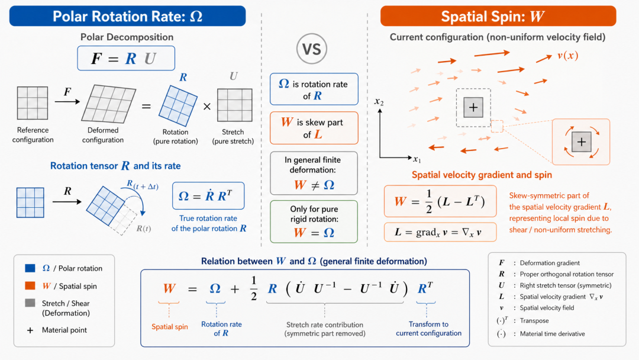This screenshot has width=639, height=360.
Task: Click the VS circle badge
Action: (312, 49)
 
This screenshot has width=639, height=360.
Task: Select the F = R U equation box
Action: (127, 58)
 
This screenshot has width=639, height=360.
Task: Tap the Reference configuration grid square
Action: (33, 103)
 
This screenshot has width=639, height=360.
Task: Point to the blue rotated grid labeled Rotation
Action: (178, 105)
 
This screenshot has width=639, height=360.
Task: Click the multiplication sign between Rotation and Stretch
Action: (207, 107)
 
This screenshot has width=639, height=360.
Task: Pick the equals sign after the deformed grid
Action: (146, 107)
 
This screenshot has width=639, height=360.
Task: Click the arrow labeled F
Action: (67, 101)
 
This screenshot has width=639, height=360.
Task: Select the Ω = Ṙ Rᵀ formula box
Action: (208, 196)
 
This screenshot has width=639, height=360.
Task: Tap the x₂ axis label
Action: (379, 101)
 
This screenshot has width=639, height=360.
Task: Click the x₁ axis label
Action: (417, 159)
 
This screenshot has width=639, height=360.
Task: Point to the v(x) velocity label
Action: (567, 56)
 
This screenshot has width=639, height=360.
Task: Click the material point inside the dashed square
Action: (473, 108)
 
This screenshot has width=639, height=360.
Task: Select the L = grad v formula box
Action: (440, 232)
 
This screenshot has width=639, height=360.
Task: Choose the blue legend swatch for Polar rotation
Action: (30, 268)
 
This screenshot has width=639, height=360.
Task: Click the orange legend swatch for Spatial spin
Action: (30, 285)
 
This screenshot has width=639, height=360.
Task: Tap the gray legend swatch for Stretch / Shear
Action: (30, 303)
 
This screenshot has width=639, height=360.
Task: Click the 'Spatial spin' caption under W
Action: (170, 327)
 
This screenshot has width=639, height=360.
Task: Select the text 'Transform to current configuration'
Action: (429, 329)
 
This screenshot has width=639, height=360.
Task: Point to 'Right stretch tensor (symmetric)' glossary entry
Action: (566, 285)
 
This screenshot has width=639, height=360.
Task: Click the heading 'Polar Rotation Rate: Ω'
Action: (128, 17)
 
